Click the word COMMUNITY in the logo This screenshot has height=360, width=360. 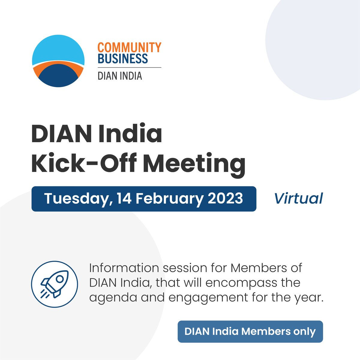pyautogui.click(x=129, y=48)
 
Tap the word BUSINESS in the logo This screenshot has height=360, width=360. pyautogui.click(x=123, y=58)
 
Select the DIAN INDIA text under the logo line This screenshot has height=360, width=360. pyautogui.click(x=120, y=76)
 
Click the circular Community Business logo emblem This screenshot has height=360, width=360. pyautogui.click(x=58, y=61)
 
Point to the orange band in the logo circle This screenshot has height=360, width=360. pyautogui.click(x=42, y=70)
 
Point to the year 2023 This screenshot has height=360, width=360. pyautogui.click(x=226, y=198)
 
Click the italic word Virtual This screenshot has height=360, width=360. pyautogui.click(x=298, y=199)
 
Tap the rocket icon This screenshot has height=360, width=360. pyautogui.click(x=55, y=284)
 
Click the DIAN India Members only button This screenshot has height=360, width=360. pyautogui.click(x=250, y=331)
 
